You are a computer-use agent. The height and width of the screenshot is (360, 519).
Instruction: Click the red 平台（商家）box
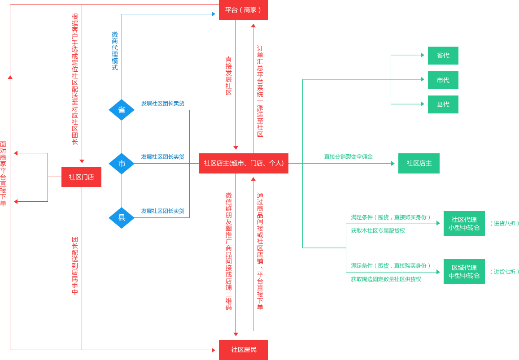pos(243,10)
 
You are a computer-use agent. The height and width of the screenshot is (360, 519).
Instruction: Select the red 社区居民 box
pos(243,350)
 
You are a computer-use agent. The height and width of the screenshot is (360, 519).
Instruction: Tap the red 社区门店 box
pos(81,177)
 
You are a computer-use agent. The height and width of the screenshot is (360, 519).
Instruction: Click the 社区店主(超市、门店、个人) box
pos(244,163)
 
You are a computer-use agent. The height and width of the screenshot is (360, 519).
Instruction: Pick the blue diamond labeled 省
pos(122,110)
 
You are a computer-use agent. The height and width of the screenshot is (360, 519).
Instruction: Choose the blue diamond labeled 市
pos(122,164)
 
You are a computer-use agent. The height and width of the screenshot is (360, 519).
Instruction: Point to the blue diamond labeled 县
pos(122,218)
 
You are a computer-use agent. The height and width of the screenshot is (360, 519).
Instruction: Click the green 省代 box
pos(443,56)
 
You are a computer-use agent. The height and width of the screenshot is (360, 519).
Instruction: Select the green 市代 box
pos(443,80)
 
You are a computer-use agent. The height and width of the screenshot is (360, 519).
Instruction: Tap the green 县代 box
pos(443,104)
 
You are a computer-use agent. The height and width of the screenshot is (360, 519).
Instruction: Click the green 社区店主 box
pos(419,163)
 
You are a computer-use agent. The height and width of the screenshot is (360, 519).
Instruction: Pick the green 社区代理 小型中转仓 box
pos(464,223)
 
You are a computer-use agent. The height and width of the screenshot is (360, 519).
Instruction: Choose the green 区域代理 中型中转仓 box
pos(464,272)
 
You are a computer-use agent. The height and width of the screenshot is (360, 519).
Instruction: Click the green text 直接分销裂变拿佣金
pos(348,157)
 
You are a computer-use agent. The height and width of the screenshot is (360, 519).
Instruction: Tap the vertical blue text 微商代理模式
pos(115,51)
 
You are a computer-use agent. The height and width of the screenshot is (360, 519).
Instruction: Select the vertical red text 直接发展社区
pos(229,75)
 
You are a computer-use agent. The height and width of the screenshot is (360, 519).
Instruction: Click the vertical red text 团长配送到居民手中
pos(75,265)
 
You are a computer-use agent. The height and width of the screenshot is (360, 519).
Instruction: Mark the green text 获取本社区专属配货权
pos(378,231)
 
